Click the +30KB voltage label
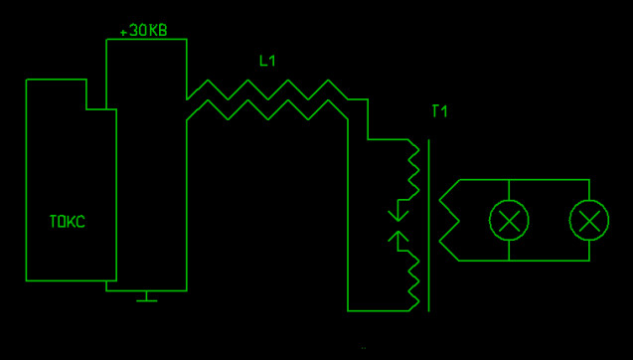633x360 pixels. (143, 31)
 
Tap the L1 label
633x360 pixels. (267, 61)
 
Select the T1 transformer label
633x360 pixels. (439, 111)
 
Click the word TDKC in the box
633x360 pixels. (67, 222)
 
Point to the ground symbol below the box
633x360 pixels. (146, 296)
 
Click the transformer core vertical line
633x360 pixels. (428, 226)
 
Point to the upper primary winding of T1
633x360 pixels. (413, 170)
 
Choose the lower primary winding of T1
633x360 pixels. (413, 280)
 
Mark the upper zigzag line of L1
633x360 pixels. (267, 90)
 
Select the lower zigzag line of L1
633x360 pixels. (267, 110)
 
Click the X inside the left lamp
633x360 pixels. (509, 220)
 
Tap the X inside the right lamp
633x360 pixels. (589, 220)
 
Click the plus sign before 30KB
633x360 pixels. (123, 32)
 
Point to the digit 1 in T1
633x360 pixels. (444, 111)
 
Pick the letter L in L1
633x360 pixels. (262, 61)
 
